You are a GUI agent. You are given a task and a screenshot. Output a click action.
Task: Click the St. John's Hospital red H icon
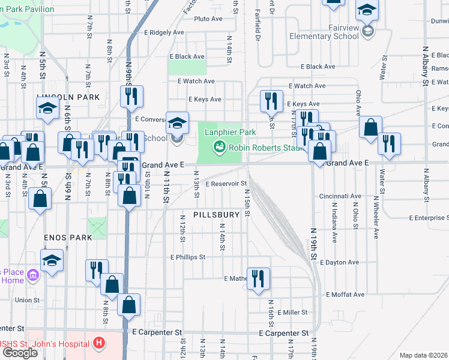pos(99,344)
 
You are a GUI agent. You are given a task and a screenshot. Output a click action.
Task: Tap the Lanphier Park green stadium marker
pos(220,146)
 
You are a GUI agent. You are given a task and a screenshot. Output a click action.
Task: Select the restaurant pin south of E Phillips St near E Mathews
pos(258,278)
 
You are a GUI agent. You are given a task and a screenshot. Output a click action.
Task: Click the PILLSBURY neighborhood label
pos(217,214)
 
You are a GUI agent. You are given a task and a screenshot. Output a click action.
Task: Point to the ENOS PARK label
pos(68,238)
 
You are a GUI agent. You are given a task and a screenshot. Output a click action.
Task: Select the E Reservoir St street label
pos(226,184)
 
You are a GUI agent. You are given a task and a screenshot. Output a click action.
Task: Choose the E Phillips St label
pos(188,257)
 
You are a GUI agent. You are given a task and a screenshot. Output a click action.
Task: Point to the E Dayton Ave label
pos(339,262)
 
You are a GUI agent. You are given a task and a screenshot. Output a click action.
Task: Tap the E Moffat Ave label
pos(345,295)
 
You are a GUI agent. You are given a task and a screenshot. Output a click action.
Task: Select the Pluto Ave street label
pos(208,19)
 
